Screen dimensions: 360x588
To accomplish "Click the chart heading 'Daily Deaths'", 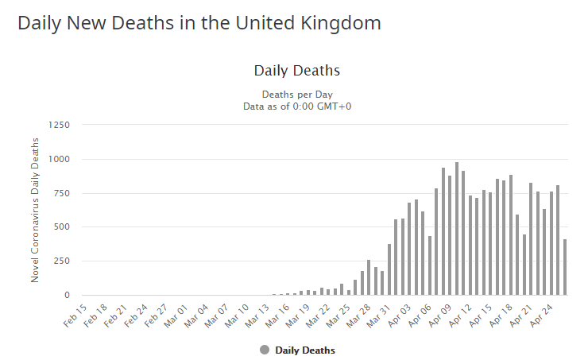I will point(296,71).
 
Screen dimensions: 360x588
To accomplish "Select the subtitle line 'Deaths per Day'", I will point(296,95).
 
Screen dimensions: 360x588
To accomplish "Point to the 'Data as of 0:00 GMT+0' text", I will point(296,106).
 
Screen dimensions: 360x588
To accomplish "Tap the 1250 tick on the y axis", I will point(59,125).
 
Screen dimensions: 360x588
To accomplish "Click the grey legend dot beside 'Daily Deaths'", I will point(265,350).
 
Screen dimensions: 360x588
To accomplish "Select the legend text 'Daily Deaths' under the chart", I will point(305,350).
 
